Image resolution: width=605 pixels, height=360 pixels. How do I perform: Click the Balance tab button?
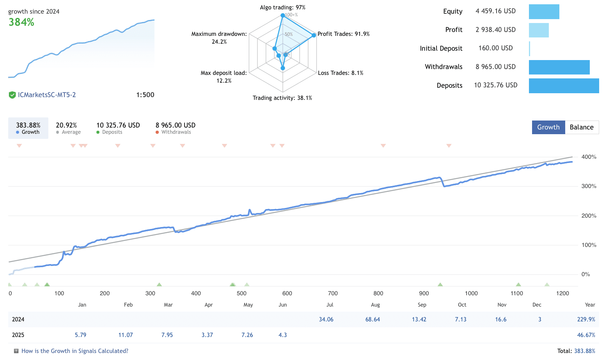pos(581,127)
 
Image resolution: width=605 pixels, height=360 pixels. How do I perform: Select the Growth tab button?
pos(548,127)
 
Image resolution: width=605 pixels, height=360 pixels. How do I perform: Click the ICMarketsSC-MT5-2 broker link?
pos(47,95)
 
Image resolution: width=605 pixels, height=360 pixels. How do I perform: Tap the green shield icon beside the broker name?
pos(12,95)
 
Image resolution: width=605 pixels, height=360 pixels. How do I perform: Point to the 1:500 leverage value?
pos(145,95)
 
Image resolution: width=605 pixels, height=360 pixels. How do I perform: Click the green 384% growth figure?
pos(21,22)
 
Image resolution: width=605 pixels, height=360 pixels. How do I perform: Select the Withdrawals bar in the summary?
pos(559,67)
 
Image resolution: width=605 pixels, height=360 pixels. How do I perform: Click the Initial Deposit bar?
pos(529,48)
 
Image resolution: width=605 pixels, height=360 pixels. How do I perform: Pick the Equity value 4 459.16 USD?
pos(495,11)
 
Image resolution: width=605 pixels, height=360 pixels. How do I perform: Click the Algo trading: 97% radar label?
pos(282,7)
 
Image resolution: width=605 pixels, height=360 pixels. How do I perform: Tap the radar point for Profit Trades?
pos(314,35)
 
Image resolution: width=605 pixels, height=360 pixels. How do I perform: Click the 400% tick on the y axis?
pos(589,157)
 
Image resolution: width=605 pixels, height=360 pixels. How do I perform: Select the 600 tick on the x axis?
pos(287,293)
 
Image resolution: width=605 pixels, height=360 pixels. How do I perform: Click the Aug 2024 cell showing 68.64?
pos(373,319)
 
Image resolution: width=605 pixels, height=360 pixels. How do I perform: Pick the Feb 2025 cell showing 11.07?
pos(126,335)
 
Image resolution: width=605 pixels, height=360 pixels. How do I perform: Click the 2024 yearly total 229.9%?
pos(586,319)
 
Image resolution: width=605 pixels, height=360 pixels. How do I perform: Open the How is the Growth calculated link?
pos(75,351)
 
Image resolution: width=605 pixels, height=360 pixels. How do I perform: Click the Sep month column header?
pos(422,305)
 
